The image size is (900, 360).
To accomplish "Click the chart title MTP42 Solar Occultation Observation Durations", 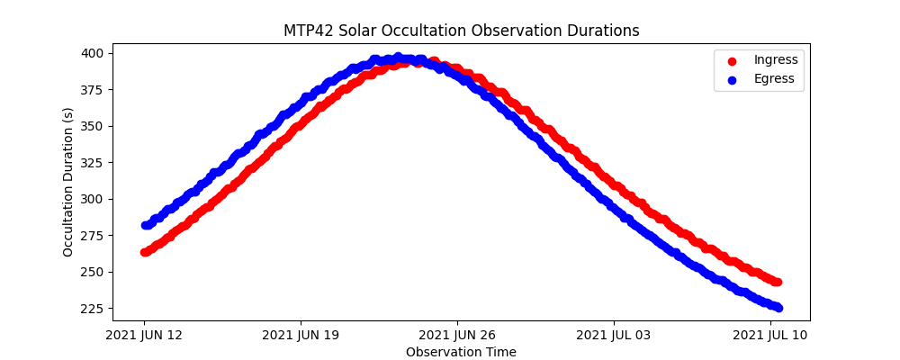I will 461,31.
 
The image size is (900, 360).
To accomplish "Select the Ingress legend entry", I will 776,60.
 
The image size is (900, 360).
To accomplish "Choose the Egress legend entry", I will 774,79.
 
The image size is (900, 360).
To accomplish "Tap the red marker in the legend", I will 731,61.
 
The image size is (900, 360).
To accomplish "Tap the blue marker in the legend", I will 731,79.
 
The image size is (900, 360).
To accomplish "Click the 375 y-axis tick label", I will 94,90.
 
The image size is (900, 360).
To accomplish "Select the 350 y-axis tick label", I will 94,126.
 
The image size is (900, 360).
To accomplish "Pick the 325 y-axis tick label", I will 94,163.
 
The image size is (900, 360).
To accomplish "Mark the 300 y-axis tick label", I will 94,199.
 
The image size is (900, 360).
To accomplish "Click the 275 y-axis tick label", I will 94,236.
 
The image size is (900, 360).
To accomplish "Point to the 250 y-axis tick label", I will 94,272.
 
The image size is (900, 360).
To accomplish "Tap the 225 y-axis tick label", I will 94,309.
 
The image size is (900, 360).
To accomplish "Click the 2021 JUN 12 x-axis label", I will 144,335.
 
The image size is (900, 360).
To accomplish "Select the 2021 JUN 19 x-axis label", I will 301,335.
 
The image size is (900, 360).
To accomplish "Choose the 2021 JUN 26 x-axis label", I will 457,335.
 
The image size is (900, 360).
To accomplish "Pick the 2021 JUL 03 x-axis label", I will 614,335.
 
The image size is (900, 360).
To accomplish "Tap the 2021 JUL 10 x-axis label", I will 770,335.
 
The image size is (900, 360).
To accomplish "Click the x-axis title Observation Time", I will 461,352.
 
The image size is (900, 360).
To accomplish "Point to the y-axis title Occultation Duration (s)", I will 68,182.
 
